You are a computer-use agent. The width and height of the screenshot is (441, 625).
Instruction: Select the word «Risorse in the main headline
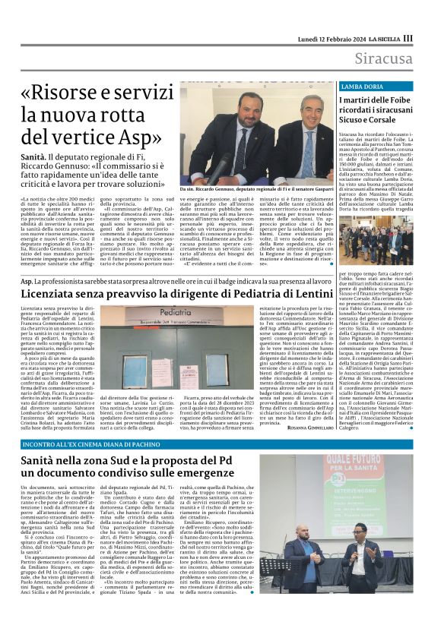coord(83,93)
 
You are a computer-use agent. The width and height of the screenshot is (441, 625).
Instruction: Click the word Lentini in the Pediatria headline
coord(309,292)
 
